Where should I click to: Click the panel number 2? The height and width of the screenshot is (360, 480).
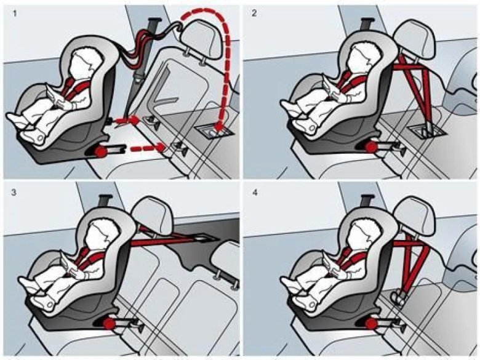click(254, 14)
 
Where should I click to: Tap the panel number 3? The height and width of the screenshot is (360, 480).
click(14, 193)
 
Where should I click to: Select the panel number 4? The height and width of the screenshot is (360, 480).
click(255, 193)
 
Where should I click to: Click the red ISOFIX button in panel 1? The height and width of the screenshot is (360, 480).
click(101, 151)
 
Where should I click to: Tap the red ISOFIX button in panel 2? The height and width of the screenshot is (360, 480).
click(371, 147)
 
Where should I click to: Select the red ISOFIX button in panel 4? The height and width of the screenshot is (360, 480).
click(371, 324)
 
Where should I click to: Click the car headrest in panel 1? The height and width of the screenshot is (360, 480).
click(200, 38)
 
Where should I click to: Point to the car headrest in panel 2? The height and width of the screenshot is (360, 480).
click(415, 39)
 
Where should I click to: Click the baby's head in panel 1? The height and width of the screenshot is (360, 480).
click(81, 62)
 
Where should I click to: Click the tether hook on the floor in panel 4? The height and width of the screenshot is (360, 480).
click(399, 298)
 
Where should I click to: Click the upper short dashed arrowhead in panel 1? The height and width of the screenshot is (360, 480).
click(134, 119)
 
